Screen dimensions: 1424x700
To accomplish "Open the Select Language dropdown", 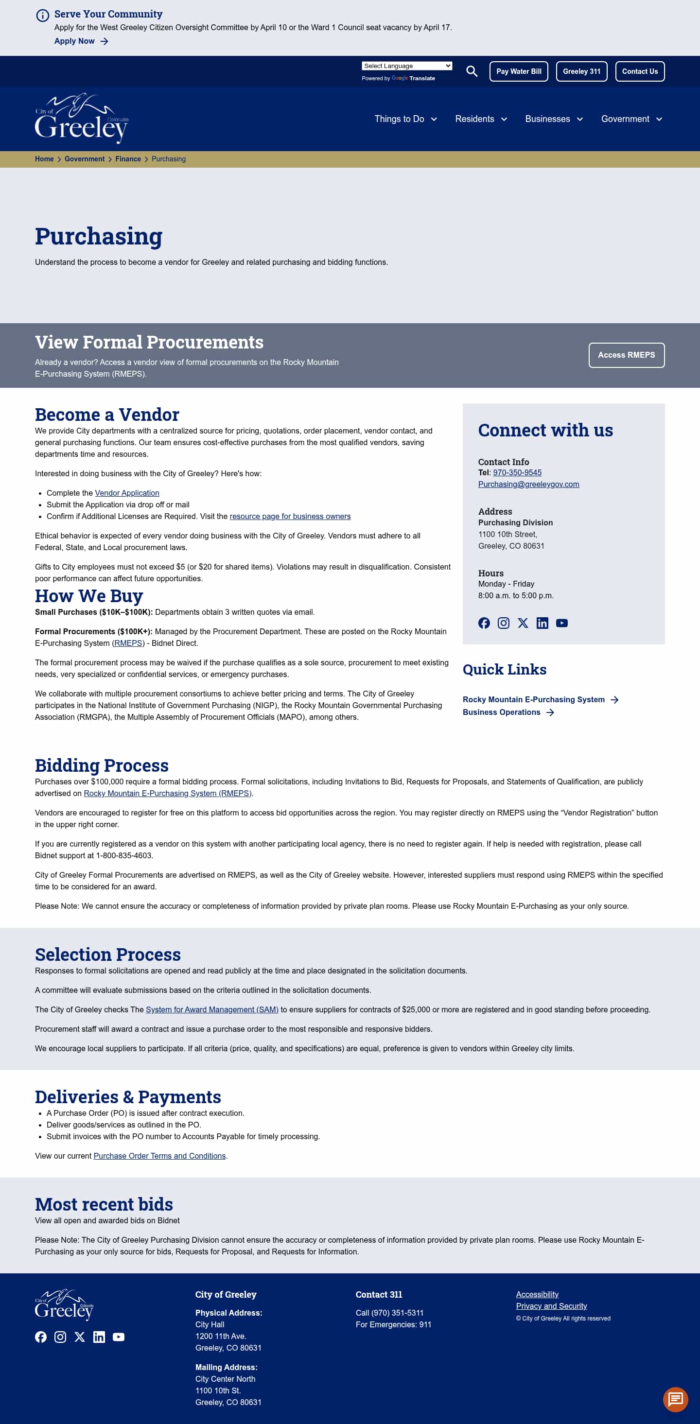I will pyautogui.click(x=406, y=66).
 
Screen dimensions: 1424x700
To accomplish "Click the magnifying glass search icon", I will pyautogui.click(x=471, y=71).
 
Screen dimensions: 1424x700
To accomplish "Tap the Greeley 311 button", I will pyautogui.click(x=581, y=71).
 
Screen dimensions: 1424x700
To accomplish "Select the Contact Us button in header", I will pyautogui.click(x=639, y=71).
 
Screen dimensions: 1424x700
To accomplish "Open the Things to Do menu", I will pyautogui.click(x=405, y=119).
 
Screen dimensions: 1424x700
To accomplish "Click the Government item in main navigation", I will pyautogui.click(x=631, y=119).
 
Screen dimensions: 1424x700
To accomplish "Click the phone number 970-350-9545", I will pyautogui.click(x=517, y=472).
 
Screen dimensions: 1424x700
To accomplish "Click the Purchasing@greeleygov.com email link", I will pyautogui.click(x=528, y=484).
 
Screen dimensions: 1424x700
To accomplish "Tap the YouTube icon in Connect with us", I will pyautogui.click(x=561, y=623).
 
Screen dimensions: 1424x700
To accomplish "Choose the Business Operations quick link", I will pyautogui.click(x=501, y=712).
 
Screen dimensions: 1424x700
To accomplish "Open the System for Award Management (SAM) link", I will pyautogui.click(x=212, y=1009).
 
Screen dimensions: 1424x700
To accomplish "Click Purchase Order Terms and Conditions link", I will pyautogui.click(x=159, y=1156).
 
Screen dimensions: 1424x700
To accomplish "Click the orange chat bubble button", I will pyautogui.click(x=675, y=1399).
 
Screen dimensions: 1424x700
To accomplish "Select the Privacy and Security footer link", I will pyautogui.click(x=551, y=1306).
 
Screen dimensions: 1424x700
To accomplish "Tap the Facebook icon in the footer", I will pyautogui.click(x=41, y=1337).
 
